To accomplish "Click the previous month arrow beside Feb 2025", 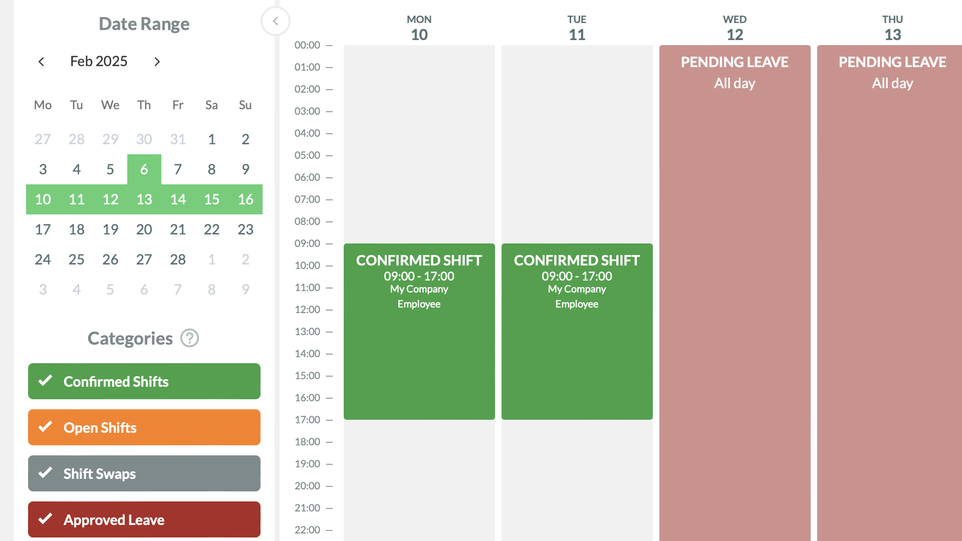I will pos(41,62).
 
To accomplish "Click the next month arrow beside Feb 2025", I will pos(157,62).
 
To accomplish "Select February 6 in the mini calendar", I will pos(144,169).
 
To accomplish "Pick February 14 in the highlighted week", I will pos(178,199).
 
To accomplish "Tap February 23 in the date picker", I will pos(246,229).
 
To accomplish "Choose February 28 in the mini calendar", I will pos(178,259).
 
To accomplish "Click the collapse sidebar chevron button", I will pos(276,21).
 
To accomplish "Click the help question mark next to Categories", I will pos(190,338).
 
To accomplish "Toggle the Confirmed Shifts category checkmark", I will pos(46,381).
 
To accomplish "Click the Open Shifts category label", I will pos(100,428).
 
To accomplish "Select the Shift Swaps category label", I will pos(99,474).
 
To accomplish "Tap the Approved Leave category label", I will pos(114,520).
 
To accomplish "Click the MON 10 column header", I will pos(419,28).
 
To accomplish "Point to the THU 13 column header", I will pos(892,28).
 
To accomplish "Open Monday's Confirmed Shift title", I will pos(419,260).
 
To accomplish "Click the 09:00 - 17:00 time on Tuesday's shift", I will pos(577,276).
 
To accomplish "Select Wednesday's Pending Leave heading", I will pos(735,62).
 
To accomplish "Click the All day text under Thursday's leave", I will pos(892,83).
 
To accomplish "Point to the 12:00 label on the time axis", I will pos(307,310).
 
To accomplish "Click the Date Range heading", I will pos(144,24).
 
